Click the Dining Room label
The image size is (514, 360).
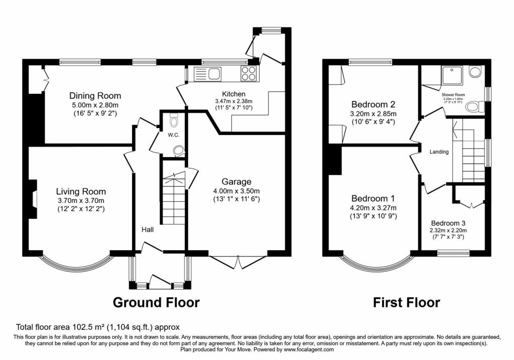(95, 96)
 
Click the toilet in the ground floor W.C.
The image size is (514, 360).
(174, 121)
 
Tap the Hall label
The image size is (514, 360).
(147, 229)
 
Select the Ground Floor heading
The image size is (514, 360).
(156, 303)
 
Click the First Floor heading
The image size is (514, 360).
(406, 303)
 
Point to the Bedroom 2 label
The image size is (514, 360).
(373, 104)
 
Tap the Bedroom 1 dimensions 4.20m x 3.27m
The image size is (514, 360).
(373, 208)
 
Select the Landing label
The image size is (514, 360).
(439, 152)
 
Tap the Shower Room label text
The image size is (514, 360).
(453, 94)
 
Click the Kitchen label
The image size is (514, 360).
(233, 94)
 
